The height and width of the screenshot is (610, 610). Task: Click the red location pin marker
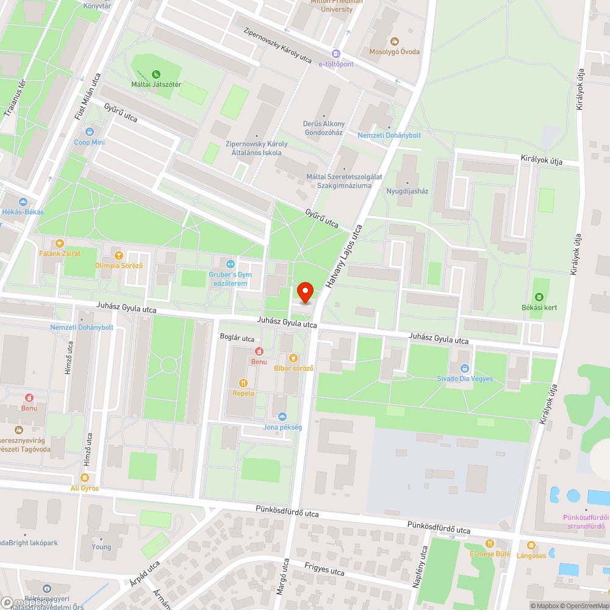(x=306, y=292)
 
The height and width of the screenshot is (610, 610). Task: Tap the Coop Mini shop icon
(x=90, y=132)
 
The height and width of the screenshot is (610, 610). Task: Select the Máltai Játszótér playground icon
(x=156, y=74)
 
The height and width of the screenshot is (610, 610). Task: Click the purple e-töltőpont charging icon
(x=335, y=54)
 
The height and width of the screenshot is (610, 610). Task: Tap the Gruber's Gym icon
(x=230, y=264)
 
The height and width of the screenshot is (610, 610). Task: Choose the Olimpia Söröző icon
(x=118, y=255)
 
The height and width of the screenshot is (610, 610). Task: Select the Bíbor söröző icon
(x=293, y=358)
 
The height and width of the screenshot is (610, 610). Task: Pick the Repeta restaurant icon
(x=243, y=383)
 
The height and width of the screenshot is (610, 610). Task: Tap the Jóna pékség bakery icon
(x=282, y=417)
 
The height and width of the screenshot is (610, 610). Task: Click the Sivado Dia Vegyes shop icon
(x=465, y=368)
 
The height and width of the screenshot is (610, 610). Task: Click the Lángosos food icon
(x=531, y=545)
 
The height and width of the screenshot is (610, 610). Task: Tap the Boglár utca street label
(x=237, y=338)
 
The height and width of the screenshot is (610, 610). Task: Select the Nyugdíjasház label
(x=407, y=191)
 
